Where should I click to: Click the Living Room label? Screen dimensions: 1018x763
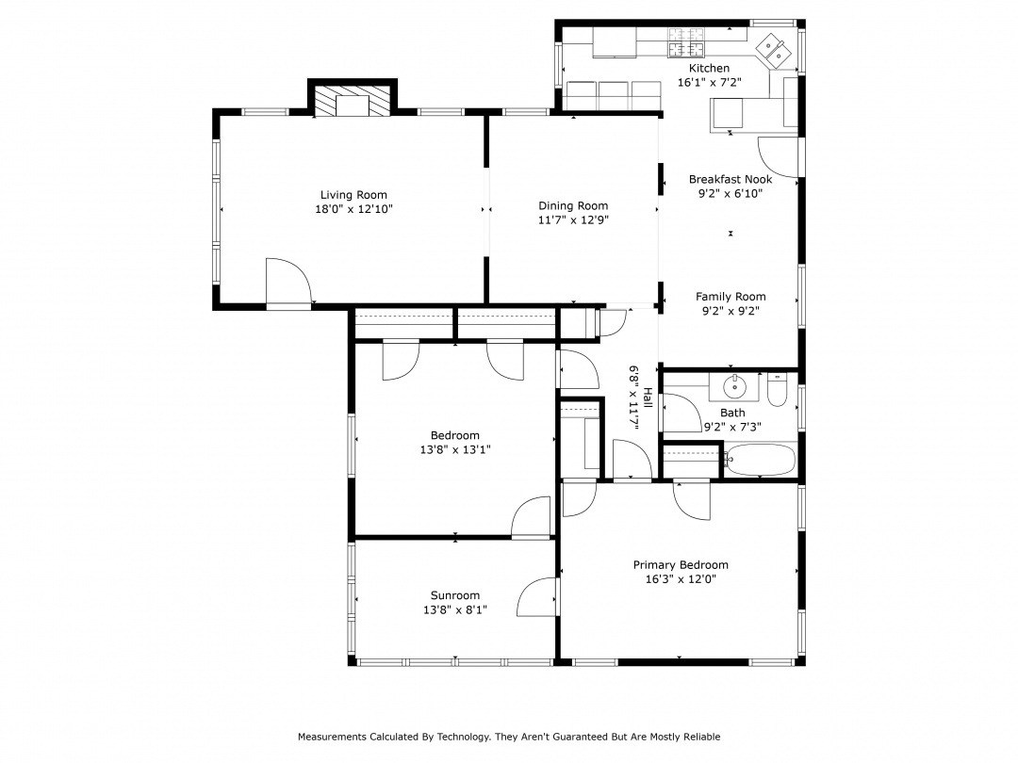(x=353, y=195)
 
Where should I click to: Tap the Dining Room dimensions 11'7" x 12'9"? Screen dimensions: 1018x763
(x=573, y=219)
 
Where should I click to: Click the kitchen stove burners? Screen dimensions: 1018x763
(x=687, y=42)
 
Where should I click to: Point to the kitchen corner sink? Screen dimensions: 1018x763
(x=773, y=50)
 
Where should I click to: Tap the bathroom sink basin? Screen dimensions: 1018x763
(x=735, y=387)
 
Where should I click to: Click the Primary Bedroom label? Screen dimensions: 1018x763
(x=681, y=565)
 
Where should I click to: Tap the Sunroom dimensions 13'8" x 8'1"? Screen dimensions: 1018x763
(x=455, y=609)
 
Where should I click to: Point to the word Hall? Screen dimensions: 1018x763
(x=648, y=397)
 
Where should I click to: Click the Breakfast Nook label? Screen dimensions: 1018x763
(x=731, y=179)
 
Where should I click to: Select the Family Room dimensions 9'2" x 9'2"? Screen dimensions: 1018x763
(x=731, y=311)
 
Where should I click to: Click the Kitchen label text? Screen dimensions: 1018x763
(x=709, y=68)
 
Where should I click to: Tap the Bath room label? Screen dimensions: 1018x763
(x=732, y=413)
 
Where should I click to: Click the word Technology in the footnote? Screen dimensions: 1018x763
(x=464, y=737)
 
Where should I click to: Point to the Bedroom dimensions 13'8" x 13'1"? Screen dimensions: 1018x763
(x=455, y=449)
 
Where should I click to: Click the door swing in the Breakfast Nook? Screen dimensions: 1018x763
(x=778, y=157)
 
